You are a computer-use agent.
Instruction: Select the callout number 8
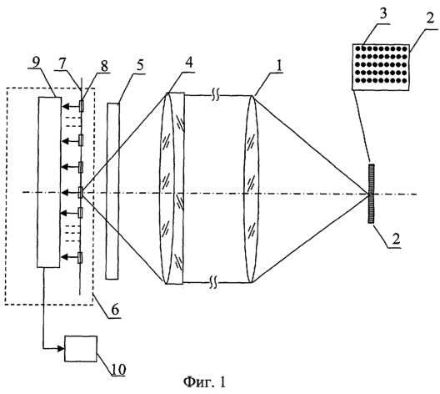104,66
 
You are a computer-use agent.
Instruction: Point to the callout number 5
139,65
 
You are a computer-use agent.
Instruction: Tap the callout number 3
382,14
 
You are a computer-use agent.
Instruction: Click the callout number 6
115,310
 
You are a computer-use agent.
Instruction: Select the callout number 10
118,369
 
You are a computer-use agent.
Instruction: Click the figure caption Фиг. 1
204,382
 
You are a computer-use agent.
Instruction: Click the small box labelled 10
81,348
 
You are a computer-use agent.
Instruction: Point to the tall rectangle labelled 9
49,182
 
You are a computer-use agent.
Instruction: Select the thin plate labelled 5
112,191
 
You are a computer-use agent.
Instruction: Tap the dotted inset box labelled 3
381,67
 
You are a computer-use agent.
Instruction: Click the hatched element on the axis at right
372,194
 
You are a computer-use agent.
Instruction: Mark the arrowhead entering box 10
61,349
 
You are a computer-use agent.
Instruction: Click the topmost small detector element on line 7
82,106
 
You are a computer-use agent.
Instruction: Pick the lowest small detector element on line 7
80,257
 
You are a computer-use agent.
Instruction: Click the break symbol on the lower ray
213,282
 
